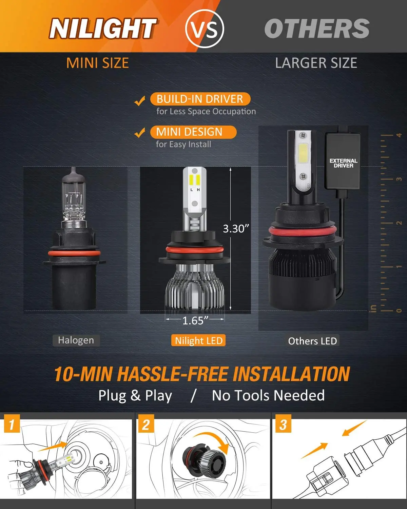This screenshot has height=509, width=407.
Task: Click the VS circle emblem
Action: point(205,29)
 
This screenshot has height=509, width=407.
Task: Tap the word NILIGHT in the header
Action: point(103,29)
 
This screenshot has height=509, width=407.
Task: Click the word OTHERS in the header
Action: point(317,29)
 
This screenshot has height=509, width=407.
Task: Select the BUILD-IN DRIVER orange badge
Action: point(200,99)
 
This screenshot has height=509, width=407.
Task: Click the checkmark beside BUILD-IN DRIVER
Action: point(140,101)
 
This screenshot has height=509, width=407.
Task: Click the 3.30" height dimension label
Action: point(236,229)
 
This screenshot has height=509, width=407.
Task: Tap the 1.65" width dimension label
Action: point(195,320)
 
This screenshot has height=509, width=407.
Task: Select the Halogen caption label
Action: point(76,340)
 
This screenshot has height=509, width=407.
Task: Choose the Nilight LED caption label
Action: point(199,341)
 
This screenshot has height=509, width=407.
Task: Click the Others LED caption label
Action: point(312,341)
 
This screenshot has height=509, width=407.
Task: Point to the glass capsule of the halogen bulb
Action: point(74,197)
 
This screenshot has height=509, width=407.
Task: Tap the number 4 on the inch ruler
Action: point(399,135)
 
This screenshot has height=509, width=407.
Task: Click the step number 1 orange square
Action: point(12,424)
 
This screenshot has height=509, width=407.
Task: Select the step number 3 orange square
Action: point(283,424)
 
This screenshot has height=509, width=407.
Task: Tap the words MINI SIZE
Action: point(98,63)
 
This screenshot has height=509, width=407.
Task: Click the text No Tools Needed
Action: point(268,396)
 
